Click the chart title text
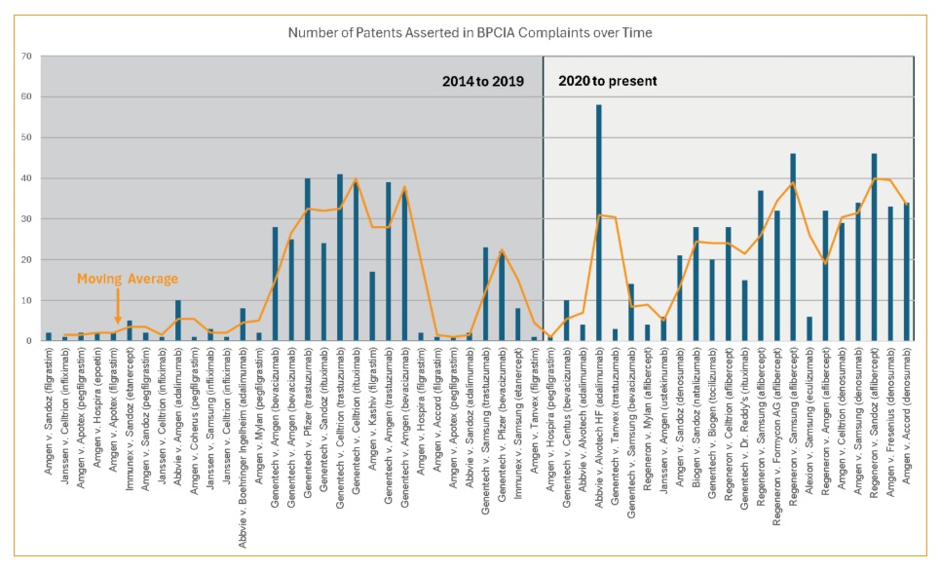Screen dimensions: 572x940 (470, 33)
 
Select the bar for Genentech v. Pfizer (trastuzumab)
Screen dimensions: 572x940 (307, 259)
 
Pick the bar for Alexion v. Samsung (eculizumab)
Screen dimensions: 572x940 (809, 329)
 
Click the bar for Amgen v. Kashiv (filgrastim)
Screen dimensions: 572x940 (372, 306)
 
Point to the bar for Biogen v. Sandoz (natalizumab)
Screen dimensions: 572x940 (696, 284)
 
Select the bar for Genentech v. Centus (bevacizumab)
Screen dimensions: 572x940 (567, 321)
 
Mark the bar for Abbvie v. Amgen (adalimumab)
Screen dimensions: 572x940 (177, 321)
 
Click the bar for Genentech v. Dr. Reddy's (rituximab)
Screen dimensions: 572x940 (745, 310)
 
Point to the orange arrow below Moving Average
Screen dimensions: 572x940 (117, 310)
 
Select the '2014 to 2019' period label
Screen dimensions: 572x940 (483, 81)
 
